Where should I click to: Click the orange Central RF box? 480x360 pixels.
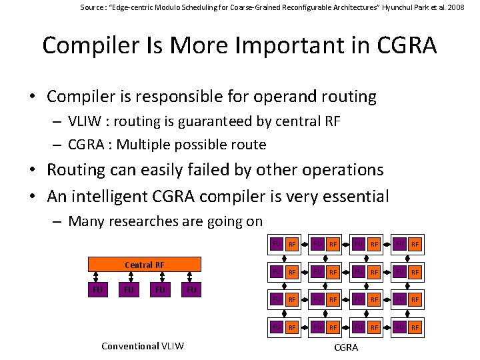(x=145, y=265)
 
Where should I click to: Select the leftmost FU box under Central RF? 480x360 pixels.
(x=97, y=290)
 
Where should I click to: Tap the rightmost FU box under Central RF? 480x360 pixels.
(x=191, y=290)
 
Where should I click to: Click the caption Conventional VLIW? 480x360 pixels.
(x=142, y=345)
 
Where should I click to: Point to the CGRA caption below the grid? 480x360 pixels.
(x=346, y=347)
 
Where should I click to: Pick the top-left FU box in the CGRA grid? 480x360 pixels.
(x=275, y=245)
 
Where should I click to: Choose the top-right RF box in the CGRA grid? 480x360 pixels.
(x=415, y=245)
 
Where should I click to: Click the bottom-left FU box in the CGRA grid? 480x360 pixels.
(x=275, y=327)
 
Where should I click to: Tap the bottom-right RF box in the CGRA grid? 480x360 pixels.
(x=415, y=327)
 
